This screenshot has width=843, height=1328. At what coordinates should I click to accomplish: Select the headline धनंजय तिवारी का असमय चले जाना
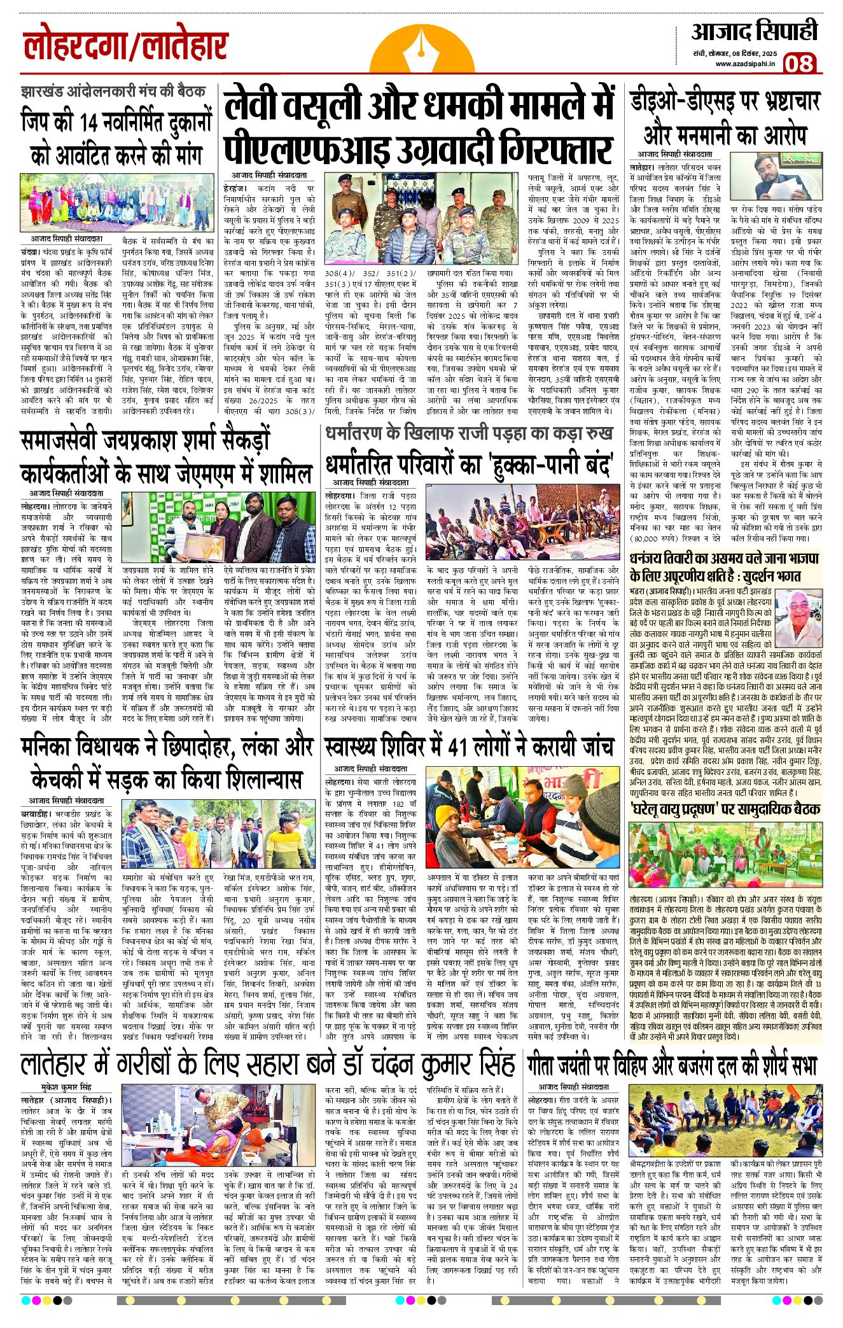click(724, 566)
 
